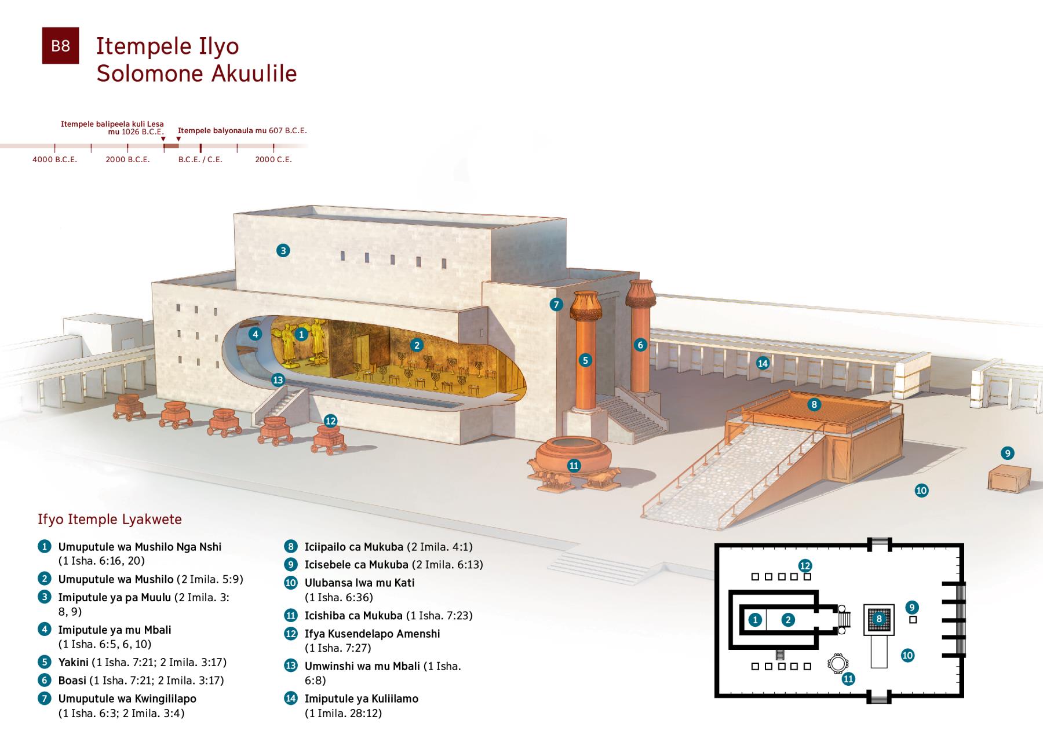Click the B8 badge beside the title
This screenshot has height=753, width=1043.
tap(60, 46)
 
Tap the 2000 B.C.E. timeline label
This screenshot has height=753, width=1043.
tap(127, 159)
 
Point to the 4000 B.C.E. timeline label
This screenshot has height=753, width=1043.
tap(54, 159)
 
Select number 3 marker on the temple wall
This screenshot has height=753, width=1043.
tap(283, 250)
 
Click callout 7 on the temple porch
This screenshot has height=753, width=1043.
tap(556, 304)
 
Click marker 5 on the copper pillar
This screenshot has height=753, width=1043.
tap(585, 360)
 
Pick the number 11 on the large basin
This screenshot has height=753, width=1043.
tap(574, 465)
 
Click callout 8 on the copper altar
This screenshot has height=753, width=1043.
tap(814, 404)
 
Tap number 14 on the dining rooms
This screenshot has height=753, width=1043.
tap(763, 363)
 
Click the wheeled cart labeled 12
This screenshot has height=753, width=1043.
tap(327, 439)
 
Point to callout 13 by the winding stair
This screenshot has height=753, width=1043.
tap(278, 379)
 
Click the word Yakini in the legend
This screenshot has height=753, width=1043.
tap(74, 662)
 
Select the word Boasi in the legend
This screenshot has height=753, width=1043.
tap(72, 681)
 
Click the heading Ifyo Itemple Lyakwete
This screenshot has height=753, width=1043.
tap(110, 519)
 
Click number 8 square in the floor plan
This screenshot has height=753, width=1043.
tap(879, 619)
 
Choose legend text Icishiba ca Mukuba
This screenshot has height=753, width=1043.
tap(353, 615)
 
